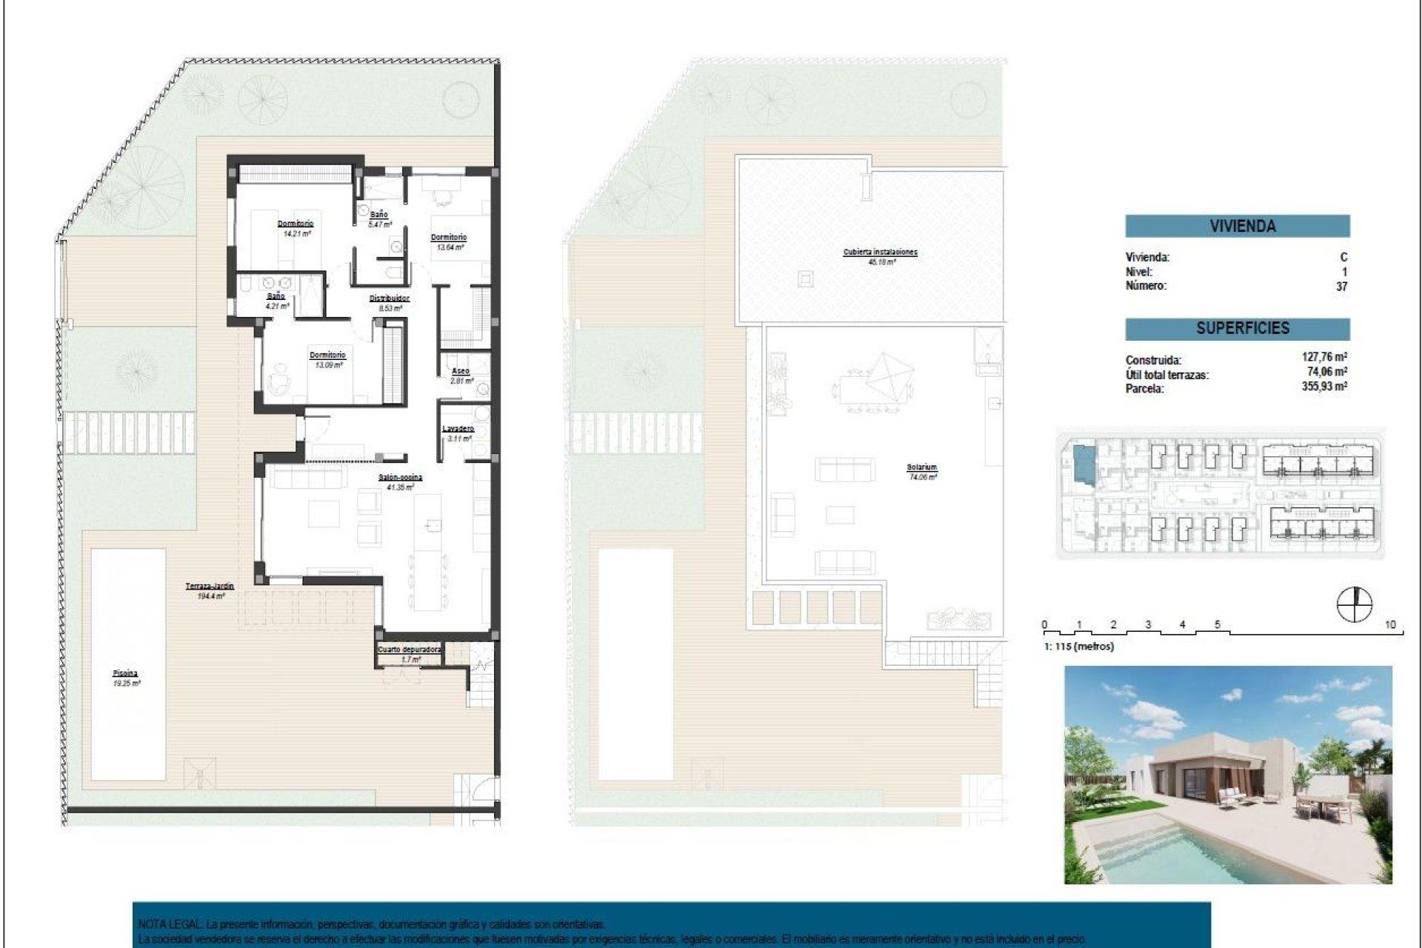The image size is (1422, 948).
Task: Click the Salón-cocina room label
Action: pos(400,478)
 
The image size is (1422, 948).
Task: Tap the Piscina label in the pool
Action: pos(126,674)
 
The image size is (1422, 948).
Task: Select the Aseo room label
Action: pos(461,371)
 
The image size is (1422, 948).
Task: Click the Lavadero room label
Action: pos(458,429)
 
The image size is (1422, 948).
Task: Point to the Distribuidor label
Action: pos(390,299)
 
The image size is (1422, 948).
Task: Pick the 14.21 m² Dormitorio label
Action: pos(296,224)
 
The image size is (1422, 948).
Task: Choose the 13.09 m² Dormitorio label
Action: pos(327,355)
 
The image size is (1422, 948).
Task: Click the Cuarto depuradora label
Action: pos(410,650)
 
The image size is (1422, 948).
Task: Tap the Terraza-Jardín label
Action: pos(210,587)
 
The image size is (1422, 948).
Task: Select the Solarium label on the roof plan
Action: pos(922,468)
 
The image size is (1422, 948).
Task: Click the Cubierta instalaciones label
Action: pos(880,253)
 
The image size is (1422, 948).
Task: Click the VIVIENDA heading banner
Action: pos(1237,226)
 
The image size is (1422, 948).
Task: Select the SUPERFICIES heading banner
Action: pos(1237,328)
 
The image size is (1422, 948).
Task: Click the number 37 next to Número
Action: pos(1341,287)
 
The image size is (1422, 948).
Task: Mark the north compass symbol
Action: pos(1355,604)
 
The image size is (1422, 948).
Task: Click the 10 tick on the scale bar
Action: pos(1389,625)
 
